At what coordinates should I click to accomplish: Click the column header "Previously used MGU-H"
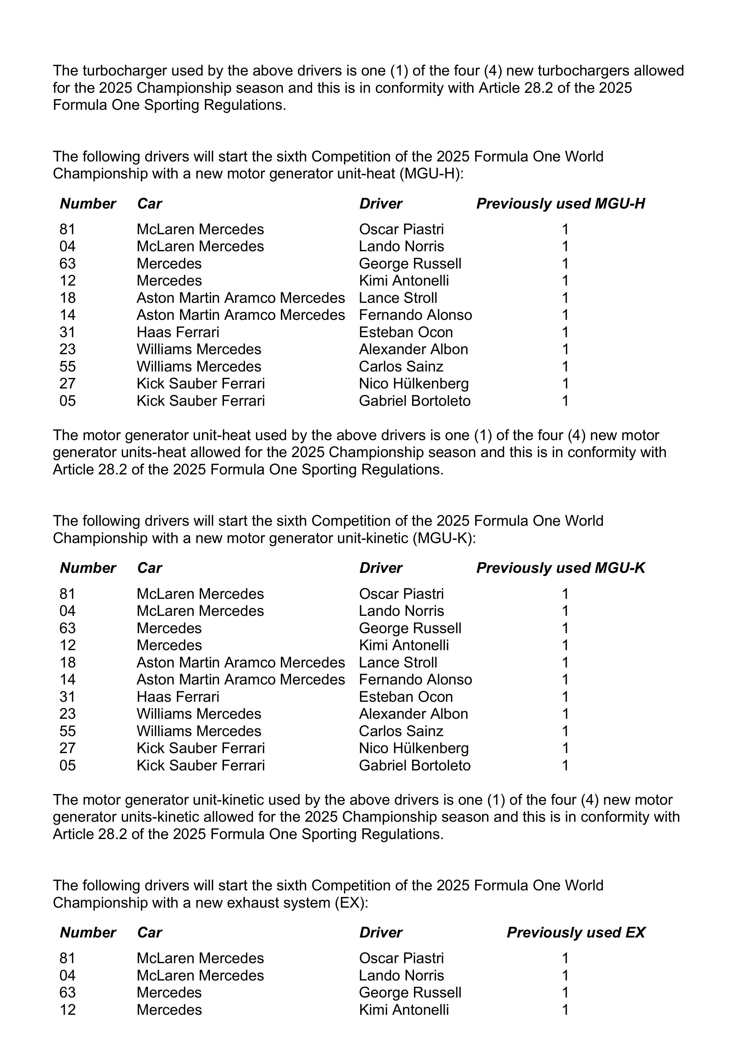[x=560, y=203]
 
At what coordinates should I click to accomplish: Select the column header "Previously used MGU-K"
[x=560, y=568]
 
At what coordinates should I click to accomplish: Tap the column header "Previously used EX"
[x=576, y=932]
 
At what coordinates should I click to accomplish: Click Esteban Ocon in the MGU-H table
[x=406, y=332]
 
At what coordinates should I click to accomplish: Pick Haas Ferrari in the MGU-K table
[x=178, y=697]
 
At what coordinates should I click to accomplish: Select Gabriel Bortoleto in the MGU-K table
[x=415, y=765]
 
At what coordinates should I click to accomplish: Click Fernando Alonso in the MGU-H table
[x=415, y=315]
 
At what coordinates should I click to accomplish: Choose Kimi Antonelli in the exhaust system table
[x=404, y=1010]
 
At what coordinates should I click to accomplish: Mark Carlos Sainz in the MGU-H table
[x=401, y=367]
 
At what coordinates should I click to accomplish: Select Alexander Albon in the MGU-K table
[x=413, y=714]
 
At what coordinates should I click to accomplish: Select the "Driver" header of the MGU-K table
[x=381, y=568]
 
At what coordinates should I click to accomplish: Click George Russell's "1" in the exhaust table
[x=565, y=992]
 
